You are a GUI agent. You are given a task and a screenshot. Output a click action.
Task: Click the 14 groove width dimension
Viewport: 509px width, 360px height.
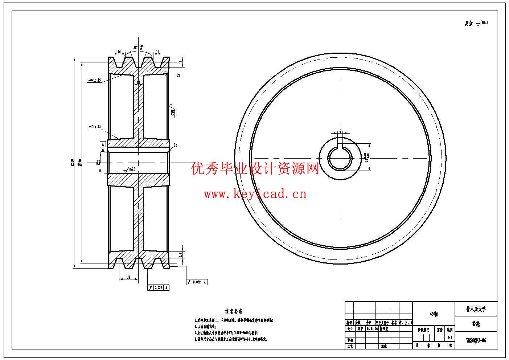click(119, 52)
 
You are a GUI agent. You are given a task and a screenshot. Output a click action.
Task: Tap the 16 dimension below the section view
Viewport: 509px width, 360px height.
click(129, 277)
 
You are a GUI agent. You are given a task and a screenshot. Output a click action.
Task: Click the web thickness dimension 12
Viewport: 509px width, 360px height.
click(138, 83)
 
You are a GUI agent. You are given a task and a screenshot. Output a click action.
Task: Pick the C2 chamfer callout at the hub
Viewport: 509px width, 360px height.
click(175, 145)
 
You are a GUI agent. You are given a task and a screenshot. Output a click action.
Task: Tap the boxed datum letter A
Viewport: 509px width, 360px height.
click(103, 144)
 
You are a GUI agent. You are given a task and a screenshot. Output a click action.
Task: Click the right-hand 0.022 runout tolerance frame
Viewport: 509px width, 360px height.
click(197, 282)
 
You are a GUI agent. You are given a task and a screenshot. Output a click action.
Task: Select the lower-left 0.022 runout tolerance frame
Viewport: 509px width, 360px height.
click(159, 287)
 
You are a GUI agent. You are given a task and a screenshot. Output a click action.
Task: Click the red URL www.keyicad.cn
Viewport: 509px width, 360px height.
click(255, 194)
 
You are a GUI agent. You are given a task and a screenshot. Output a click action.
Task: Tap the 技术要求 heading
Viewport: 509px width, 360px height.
click(234, 311)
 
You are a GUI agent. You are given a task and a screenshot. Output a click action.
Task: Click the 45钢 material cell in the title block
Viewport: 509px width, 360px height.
click(434, 314)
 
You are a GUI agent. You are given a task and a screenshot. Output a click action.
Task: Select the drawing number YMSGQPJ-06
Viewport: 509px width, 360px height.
click(476, 340)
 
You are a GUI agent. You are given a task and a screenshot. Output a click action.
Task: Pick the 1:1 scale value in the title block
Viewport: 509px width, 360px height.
click(450, 337)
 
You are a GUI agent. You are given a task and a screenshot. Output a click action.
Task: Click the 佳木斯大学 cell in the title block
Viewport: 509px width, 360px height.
click(476, 310)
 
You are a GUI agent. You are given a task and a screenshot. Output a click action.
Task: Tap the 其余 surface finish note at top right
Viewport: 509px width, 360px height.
click(477, 24)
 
